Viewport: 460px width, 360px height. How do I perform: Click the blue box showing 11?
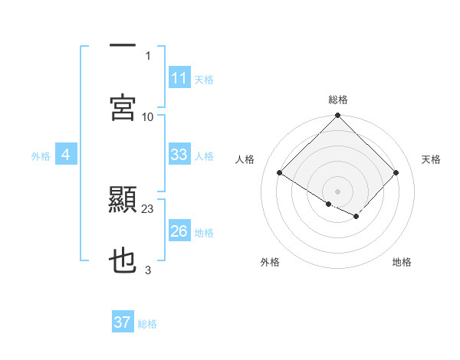click(x=179, y=78)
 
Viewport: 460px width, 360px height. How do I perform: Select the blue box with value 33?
click(x=179, y=155)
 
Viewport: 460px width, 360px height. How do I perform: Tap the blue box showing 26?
click(x=179, y=231)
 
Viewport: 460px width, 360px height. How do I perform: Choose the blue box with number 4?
click(x=66, y=155)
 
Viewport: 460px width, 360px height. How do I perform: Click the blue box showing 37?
click(x=123, y=322)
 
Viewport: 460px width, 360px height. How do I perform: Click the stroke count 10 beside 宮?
click(x=148, y=116)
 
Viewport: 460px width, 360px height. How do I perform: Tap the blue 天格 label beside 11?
click(x=204, y=79)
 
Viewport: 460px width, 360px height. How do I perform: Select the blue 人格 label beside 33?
click(x=204, y=155)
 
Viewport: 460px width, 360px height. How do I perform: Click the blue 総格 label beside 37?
click(x=147, y=323)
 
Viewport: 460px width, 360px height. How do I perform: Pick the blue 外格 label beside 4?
click(x=41, y=155)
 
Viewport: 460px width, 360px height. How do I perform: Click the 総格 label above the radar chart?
click(x=337, y=100)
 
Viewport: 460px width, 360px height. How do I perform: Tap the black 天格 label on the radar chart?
click(x=431, y=159)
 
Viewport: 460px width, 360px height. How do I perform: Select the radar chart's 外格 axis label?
click(x=270, y=262)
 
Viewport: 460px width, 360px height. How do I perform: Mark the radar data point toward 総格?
click(x=337, y=116)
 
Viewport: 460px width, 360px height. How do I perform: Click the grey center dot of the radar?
click(x=337, y=191)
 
